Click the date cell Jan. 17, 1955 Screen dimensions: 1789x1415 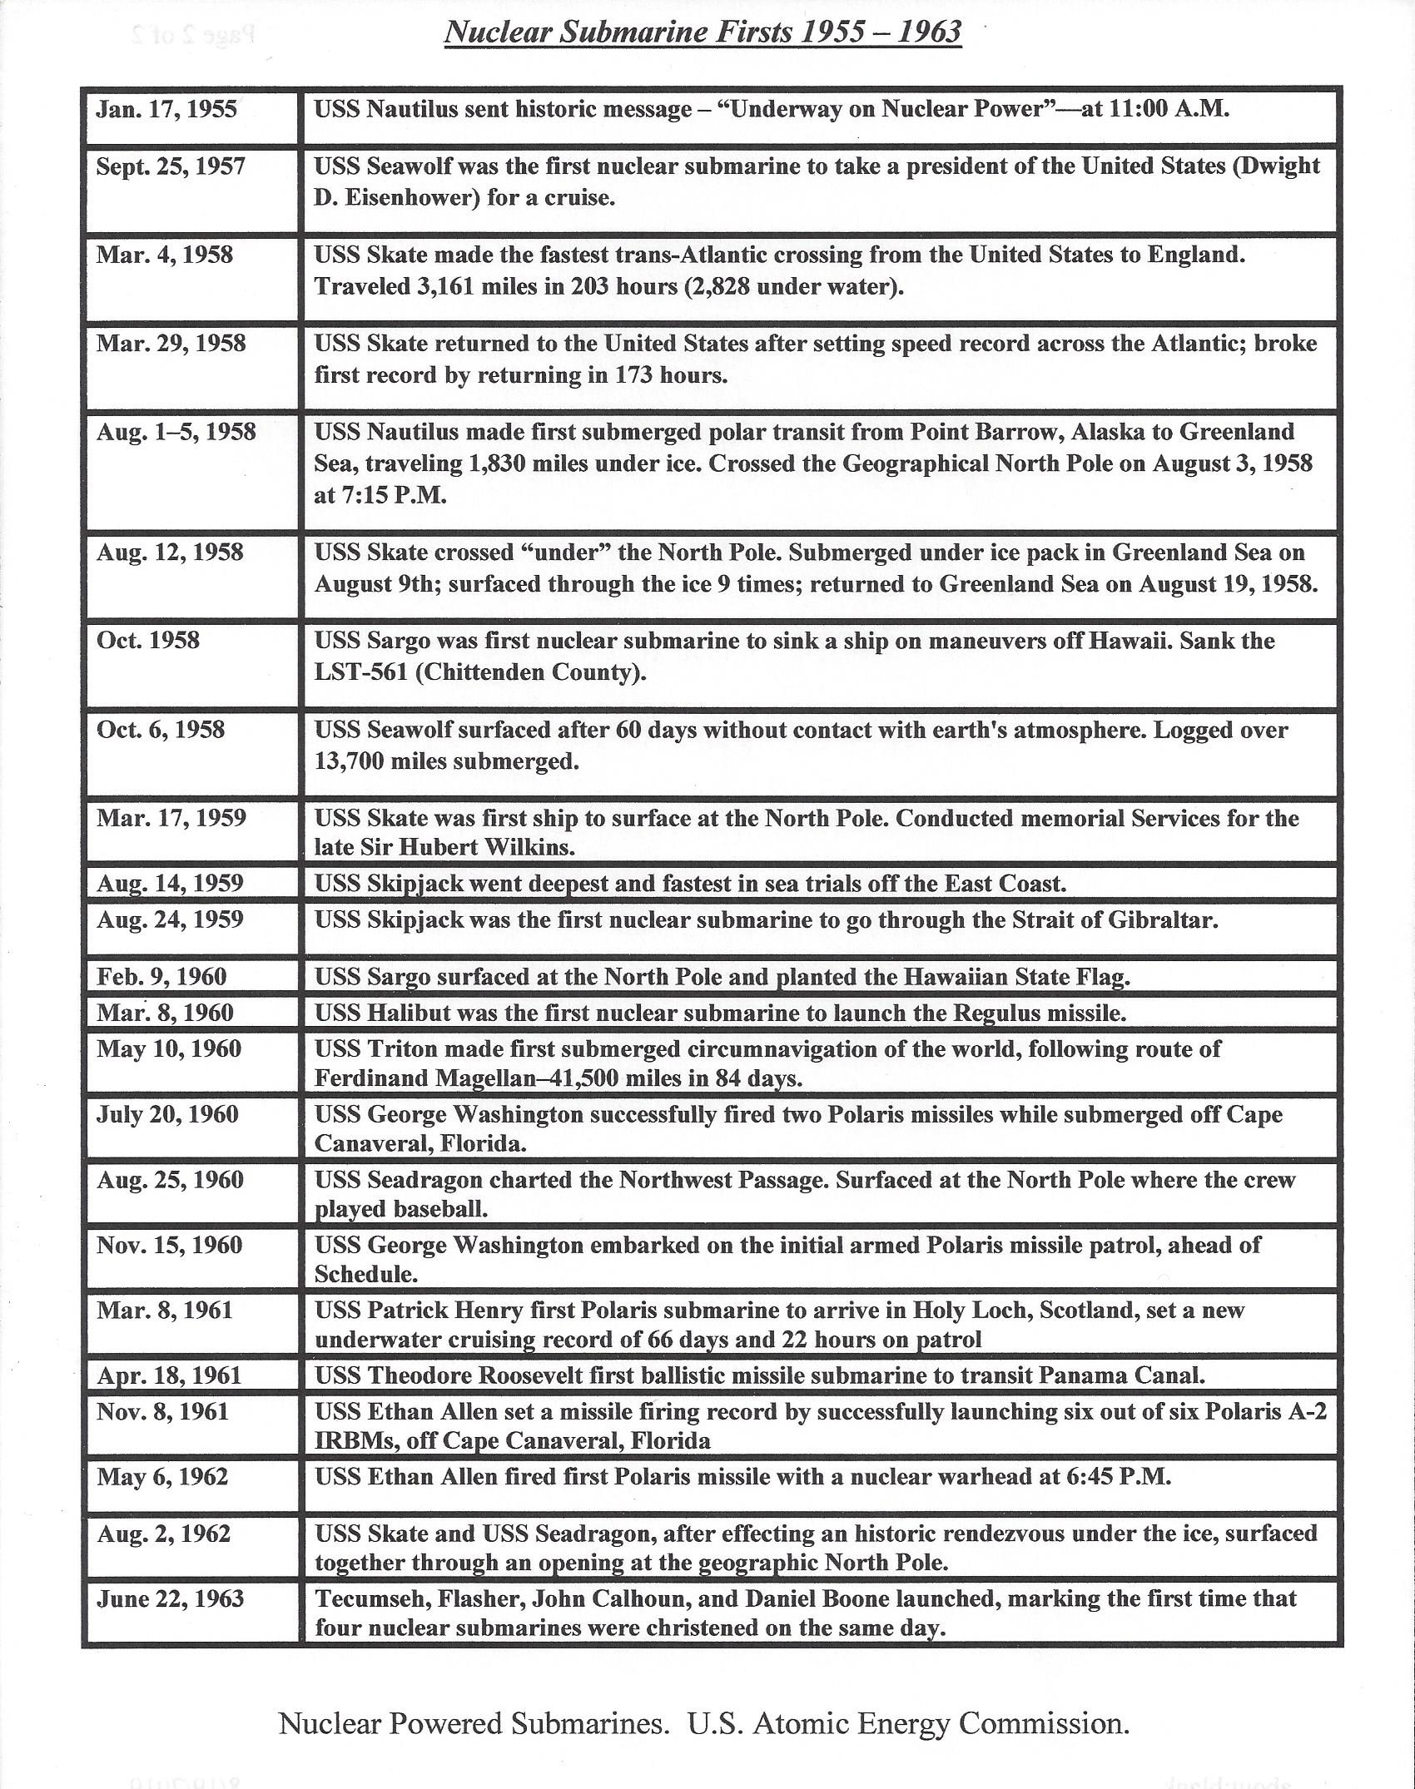point(166,110)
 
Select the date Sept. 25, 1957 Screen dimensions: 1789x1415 point(171,166)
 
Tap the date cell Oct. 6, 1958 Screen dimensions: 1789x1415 point(161,730)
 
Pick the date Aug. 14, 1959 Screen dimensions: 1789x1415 point(170,883)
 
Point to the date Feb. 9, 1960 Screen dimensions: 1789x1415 point(161,976)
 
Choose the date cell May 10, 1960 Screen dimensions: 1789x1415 point(169,1048)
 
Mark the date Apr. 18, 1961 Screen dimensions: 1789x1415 point(169,1375)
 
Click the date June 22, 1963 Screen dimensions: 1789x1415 point(170,1598)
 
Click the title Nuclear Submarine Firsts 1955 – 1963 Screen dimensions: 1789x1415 point(703,32)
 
